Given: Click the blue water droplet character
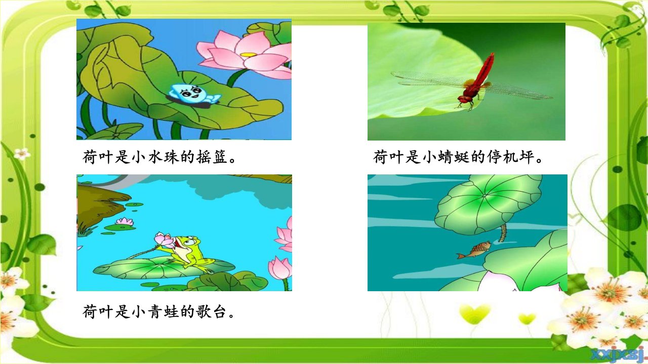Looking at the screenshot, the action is [x=194, y=94].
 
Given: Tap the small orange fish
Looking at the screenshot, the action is [x=474, y=250].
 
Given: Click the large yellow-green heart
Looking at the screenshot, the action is [x=475, y=313].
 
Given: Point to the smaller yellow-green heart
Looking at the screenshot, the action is [x=527, y=319].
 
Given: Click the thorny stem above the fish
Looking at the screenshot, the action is [x=503, y=233].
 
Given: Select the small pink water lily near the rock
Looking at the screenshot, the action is [x=125, y=222].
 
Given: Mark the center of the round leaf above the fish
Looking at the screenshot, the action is [x=484, y=196].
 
